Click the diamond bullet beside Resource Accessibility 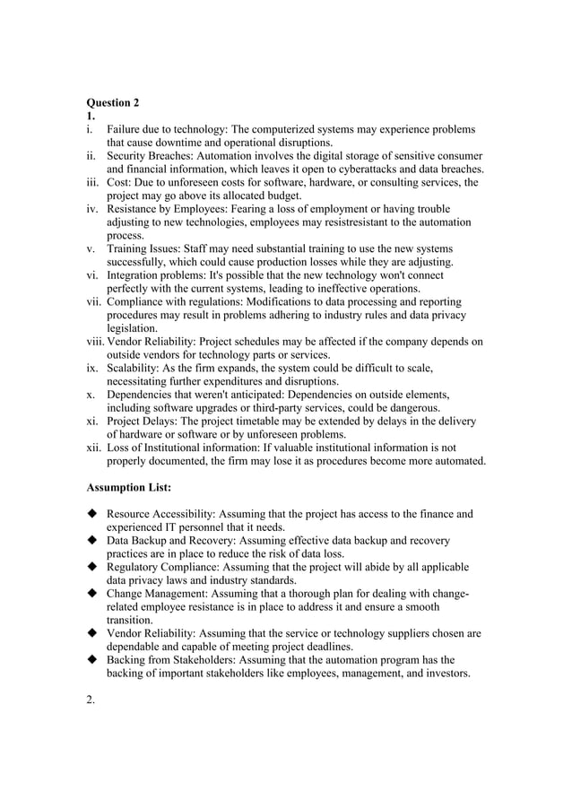click(91, 515)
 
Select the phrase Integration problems click(152, 275)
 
